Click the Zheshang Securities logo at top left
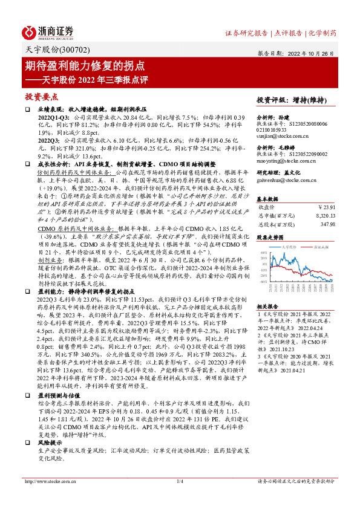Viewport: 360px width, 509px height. tap(48, 32)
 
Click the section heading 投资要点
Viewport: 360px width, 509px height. tap(41, 96)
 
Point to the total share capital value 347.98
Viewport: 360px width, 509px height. tap(327, 223)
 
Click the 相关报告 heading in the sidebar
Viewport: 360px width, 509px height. tap(267, 306)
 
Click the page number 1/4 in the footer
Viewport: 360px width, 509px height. tap(179, 481)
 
